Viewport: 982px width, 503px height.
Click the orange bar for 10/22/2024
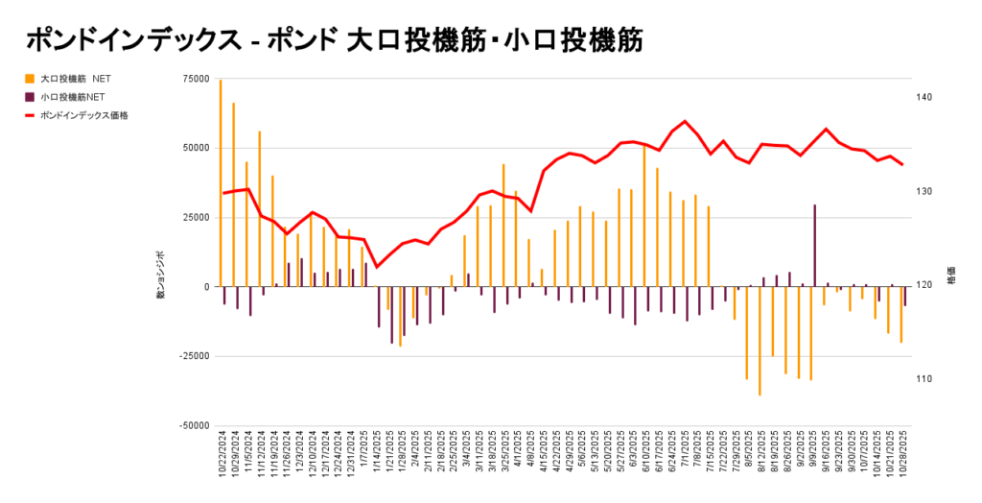(221, 182)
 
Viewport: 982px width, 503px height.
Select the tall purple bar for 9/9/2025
(815, 245)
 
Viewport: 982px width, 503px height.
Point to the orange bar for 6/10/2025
(643, 216)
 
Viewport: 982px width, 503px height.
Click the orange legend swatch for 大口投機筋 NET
(30, 78)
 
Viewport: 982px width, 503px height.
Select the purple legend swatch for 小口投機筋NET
(30, 96)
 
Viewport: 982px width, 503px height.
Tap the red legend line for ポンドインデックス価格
(30, 115)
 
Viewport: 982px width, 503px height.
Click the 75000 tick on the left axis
(196, 80)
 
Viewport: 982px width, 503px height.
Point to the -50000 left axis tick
(193, 425)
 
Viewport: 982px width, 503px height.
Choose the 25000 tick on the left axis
(196, 218)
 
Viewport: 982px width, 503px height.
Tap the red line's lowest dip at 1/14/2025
(376, 267)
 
